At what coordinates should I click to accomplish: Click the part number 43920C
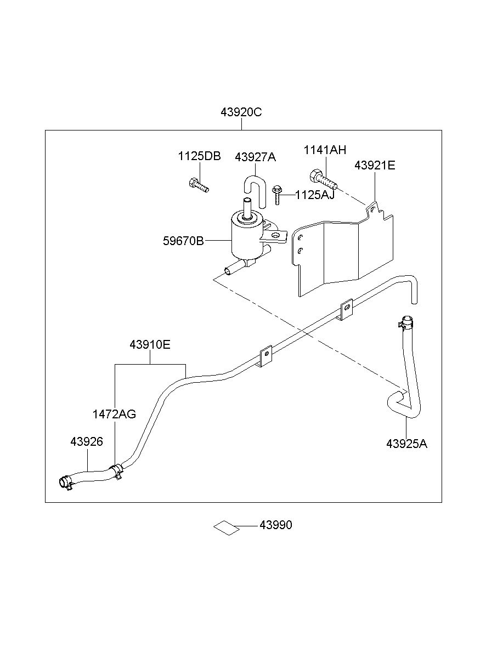(241, 112)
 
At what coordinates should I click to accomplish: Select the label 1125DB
(199, 156)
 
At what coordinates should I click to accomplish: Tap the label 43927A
(255, 157)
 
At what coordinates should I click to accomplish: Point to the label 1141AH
(325, 150)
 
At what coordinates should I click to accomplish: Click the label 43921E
(375, 166)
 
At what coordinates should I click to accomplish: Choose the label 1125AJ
(315, 195)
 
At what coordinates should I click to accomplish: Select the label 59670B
(184, 241)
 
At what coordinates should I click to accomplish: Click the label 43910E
(150, 344)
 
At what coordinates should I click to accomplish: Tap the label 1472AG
(114, 414)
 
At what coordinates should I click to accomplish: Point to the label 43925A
(406, 452)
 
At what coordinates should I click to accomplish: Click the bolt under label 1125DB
(199, 185)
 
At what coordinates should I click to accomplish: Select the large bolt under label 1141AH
(324, 179)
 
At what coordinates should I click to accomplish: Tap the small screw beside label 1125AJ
(276, 195)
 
